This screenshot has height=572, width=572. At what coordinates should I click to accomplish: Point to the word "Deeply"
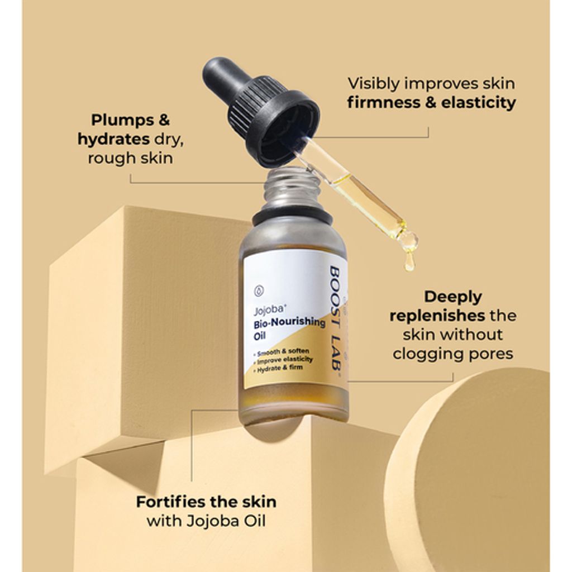(x=452, y=297)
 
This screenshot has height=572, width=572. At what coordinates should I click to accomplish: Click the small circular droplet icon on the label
(x=259, y=290)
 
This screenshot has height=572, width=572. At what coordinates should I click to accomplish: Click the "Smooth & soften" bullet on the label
(x=282, y=352)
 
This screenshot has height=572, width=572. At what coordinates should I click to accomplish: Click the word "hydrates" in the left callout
(x=113, y=139)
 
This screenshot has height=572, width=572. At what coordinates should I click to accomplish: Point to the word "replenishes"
(x=437, y=316)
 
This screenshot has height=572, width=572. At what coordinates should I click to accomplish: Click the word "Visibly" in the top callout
(x=374, y=84)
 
